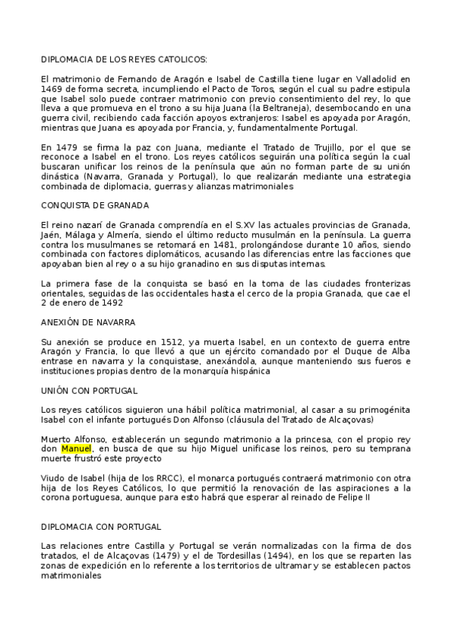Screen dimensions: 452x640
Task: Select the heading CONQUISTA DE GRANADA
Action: coord(94,205)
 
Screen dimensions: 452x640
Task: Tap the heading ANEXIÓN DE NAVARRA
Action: coord(88,322)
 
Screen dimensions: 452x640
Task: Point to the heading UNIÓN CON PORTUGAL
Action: coord(88,391)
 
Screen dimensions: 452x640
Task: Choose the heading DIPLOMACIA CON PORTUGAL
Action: coord(101,526)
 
